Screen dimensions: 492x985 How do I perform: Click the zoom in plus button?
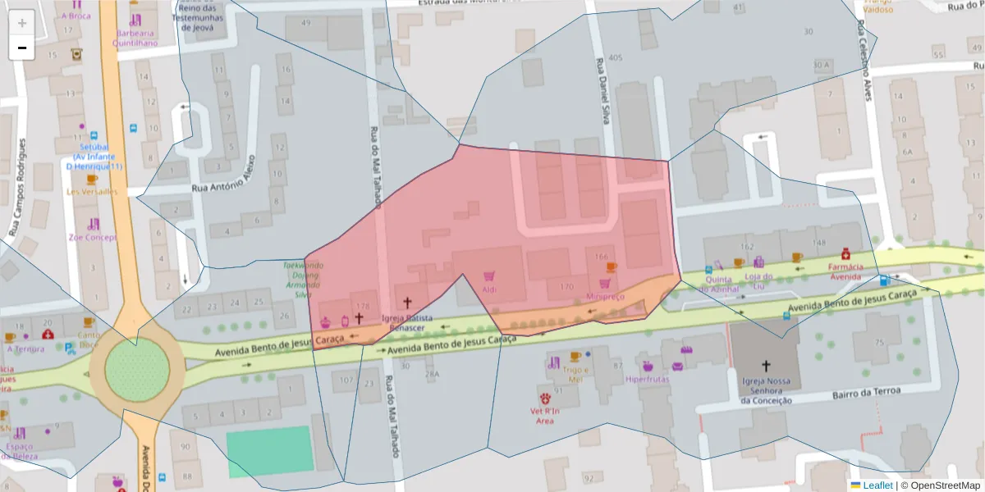[22, 22]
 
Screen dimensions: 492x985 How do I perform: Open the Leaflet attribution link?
[877, 485]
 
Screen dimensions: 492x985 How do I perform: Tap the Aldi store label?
[489, 289]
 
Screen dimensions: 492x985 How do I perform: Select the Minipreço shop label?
[606, 296]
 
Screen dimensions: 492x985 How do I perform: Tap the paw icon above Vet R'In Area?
[544, 402]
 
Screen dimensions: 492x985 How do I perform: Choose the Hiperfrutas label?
[647, 379]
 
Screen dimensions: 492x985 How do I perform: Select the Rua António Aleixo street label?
[222, 175]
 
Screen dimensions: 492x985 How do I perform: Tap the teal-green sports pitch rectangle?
[269, 451]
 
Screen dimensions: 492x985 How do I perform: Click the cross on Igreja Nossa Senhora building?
[766, 366]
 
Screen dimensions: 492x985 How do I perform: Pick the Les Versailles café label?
[91, 192]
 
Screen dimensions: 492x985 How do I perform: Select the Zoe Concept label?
[93, 237]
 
